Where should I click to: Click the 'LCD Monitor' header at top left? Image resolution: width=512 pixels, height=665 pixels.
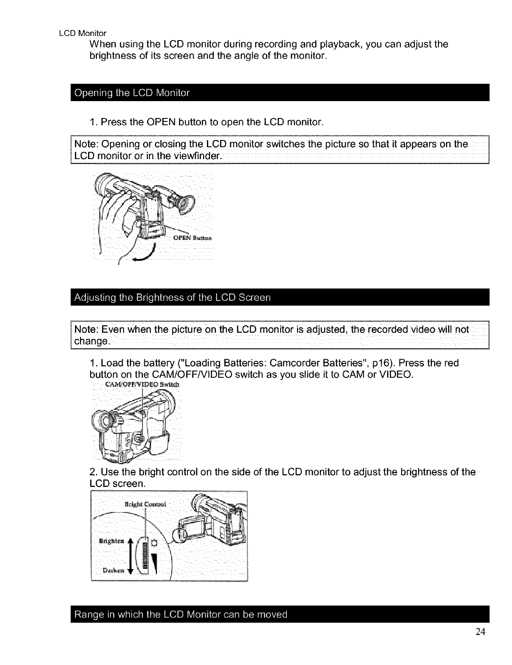(x=83, y=33)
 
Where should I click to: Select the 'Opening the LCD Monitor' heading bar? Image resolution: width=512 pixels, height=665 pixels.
(x=132, y=93)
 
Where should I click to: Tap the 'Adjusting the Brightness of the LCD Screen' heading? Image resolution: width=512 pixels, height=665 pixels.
(x=172, y=297)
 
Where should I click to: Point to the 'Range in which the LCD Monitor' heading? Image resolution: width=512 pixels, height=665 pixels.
(x=180, y=614)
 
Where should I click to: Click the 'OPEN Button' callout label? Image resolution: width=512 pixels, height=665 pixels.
(x=192, y=238)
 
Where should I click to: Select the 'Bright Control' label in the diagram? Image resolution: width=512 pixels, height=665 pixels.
(x=145, y=504)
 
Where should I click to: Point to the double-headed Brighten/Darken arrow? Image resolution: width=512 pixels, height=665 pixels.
(x=130, y=555)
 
